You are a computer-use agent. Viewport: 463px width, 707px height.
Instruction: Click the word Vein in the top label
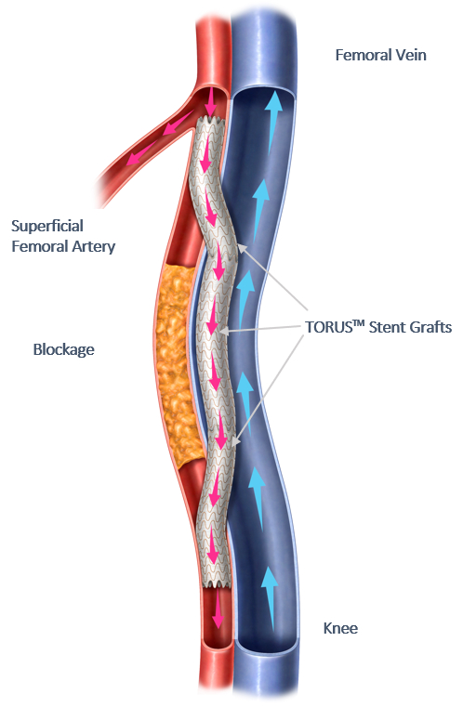pyautogui.click(x=411, y=55)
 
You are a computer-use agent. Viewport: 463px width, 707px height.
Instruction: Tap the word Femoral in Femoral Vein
pyautogui.click(x=364, y=55)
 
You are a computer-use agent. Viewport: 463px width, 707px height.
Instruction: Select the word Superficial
pyautogui.click(x=47, y=226)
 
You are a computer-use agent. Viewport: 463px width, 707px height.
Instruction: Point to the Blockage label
pyautogui.click(x=63, y=349)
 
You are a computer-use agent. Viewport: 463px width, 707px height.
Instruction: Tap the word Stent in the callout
pyautogui.click(x=386, y=327)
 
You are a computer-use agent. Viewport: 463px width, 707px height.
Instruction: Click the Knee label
pyautogui.click(x=340, y=629)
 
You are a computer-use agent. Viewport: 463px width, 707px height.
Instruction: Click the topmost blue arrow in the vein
pyautogui.click(x=272, y=120)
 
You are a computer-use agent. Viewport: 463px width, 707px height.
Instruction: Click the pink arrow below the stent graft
pyautogui.click(x=218, y=609)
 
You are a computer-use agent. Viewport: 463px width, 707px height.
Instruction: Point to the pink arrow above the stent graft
pyautogui.click(x=210, y=101)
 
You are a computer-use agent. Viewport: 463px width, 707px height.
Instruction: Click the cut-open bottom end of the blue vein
pyautogui.click(x=267, y=643)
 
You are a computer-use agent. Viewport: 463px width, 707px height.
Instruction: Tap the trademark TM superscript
pyautogui.click(x=359, y=323)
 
